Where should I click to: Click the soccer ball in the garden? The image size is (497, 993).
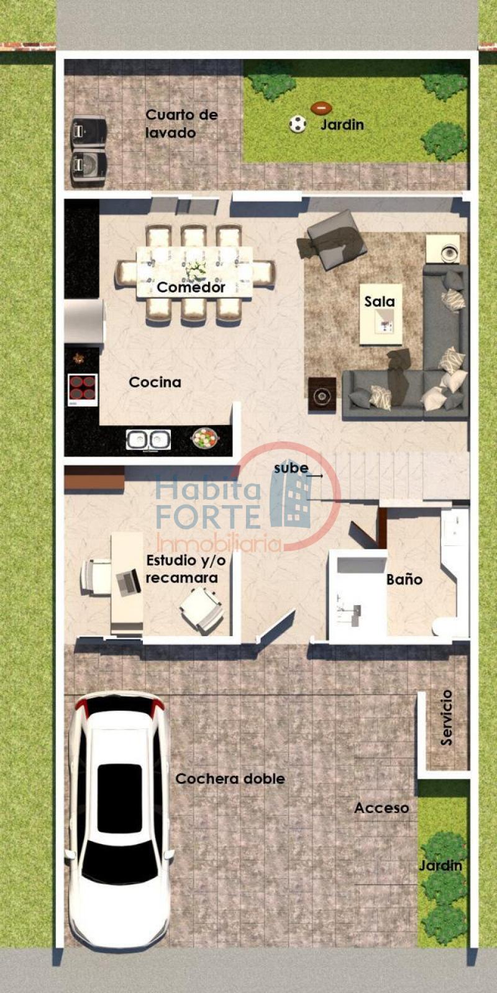(x=298, y=124)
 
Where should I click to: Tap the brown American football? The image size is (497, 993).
(x=321, y=108)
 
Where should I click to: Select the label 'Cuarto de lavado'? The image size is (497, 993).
(x=181, y=124)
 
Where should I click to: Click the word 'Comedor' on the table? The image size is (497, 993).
(x=191, y=287)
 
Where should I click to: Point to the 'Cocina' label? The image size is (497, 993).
(x=155, y=382)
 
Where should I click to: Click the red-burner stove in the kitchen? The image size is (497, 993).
(x=83, y=389)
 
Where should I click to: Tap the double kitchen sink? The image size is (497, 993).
(x=148, y=439)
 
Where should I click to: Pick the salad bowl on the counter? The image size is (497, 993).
(x=204, y=438)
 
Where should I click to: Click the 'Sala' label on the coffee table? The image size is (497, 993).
(x=380, y=302)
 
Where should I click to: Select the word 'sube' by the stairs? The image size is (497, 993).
(x=291, y=469)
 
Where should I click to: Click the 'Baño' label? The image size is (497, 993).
(x=404, y=580)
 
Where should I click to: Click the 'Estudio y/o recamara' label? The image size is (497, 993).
(x=185, y=569)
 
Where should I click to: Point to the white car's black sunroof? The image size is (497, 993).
(x=119, y=798)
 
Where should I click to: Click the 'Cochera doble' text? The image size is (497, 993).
(x=230, y=779)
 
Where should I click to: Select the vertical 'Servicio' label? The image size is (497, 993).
(x=446, y=717)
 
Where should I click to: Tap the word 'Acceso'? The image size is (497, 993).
(x=381, y=808)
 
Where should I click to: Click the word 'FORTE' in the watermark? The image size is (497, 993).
(x=208, y=516)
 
